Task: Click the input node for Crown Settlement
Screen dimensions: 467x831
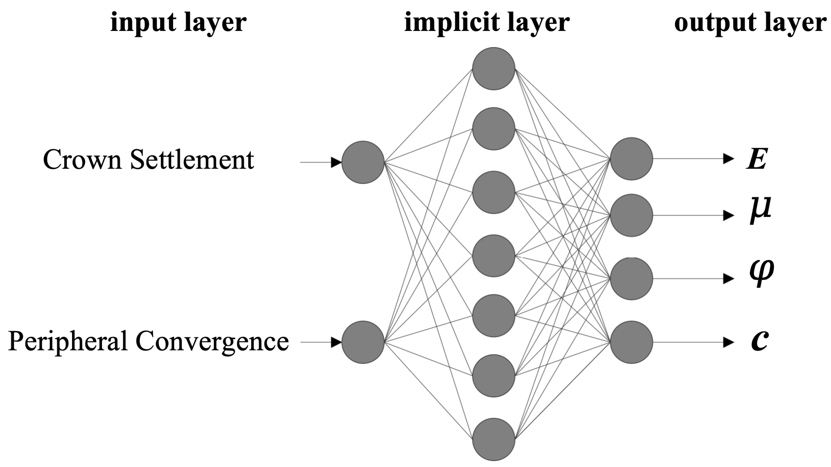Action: click(363, 162)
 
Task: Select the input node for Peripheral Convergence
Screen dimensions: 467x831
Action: click(363, 342)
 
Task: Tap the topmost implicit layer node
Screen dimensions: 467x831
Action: click(494, 68)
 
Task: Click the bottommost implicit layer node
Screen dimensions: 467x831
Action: click(494, 439)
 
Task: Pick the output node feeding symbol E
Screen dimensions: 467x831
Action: click(631, 159)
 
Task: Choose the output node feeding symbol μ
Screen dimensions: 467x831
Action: click(631, 215)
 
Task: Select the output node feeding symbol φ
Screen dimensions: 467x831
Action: click(631, 278)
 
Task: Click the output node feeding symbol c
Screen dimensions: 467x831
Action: click(631, 342)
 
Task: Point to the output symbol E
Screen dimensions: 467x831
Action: click(757, 159)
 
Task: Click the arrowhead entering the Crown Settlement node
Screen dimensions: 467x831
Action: click(336, 162)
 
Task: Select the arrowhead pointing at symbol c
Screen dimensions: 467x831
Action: click(729, 342)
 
